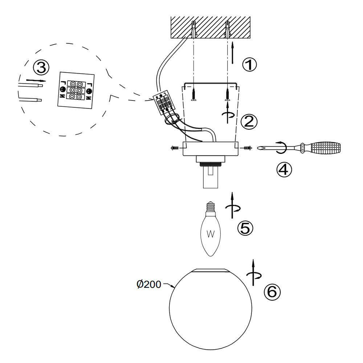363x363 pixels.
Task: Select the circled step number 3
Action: pos(41,67)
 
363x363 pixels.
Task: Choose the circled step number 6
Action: pos(272,292)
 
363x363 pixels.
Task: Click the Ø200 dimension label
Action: pos(149,285)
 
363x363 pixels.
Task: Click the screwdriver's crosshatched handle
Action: pos(325,148)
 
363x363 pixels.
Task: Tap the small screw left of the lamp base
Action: pos(175,148)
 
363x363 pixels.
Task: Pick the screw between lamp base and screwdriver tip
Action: pos(248,148)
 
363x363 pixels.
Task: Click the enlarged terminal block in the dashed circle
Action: pos(76,89)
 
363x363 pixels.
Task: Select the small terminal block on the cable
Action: pos(163,102)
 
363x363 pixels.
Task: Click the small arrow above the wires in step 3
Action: pos(36,80)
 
